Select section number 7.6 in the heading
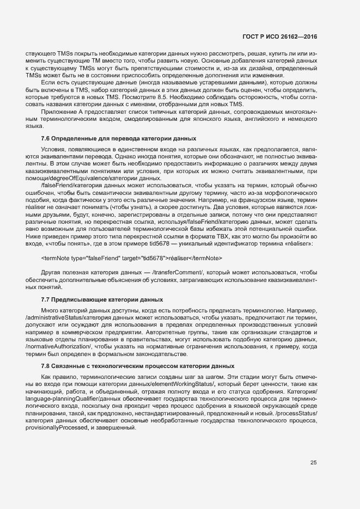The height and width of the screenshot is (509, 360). point(46,138)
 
